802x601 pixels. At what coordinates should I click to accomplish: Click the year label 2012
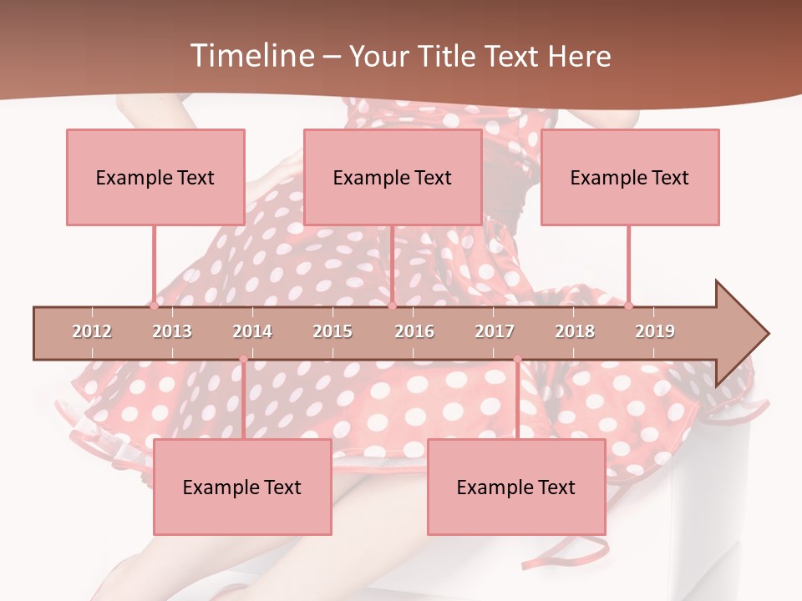92,331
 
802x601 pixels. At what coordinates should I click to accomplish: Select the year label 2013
172,331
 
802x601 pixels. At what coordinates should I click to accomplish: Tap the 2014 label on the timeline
252,331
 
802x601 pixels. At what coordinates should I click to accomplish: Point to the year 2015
332,331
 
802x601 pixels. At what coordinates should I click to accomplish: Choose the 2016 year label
414,331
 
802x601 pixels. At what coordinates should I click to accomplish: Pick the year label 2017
495,331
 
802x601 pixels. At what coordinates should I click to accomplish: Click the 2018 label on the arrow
575,331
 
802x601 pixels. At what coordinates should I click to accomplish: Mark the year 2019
655,331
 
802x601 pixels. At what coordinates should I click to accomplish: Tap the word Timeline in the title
251,56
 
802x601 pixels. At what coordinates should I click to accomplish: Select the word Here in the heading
579,56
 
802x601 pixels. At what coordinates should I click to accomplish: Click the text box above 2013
155,177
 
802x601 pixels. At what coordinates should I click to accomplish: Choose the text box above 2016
393,177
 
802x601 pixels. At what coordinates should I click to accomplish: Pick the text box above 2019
630,177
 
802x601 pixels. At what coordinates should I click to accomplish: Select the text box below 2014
242,487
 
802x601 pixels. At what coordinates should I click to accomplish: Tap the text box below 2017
516,487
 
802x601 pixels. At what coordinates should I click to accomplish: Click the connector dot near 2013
154,306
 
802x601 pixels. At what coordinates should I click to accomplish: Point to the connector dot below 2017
517,359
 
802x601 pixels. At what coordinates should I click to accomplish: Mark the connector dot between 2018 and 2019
628,306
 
